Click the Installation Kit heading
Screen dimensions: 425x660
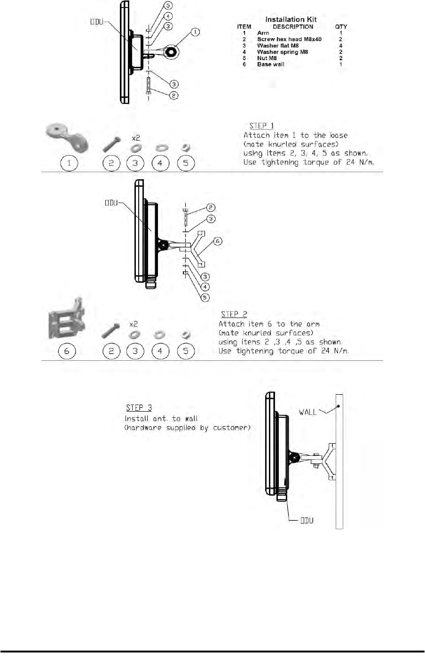click(x=291, y=19)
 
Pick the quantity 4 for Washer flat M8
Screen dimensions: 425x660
click(x=341, y=46)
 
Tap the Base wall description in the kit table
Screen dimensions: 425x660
click(x=270, y=64)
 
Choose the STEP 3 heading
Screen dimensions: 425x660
click(x=139, y=407)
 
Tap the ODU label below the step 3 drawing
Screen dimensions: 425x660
click(x=307, y=520)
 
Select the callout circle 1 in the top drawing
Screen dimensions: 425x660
click(x=195, y=32)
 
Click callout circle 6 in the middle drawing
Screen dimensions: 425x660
click(x=217, y=241)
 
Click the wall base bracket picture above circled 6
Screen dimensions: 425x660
click(x=67, y=319)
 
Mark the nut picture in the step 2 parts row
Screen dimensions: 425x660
click(x=185, y=334)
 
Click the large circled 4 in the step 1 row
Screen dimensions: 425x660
click(x=160, y=164)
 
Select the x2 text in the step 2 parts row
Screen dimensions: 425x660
click(x=134, y=324)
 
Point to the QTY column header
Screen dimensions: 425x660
click(x=341, y=27)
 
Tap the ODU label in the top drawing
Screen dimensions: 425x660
click(x=97, y=22)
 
